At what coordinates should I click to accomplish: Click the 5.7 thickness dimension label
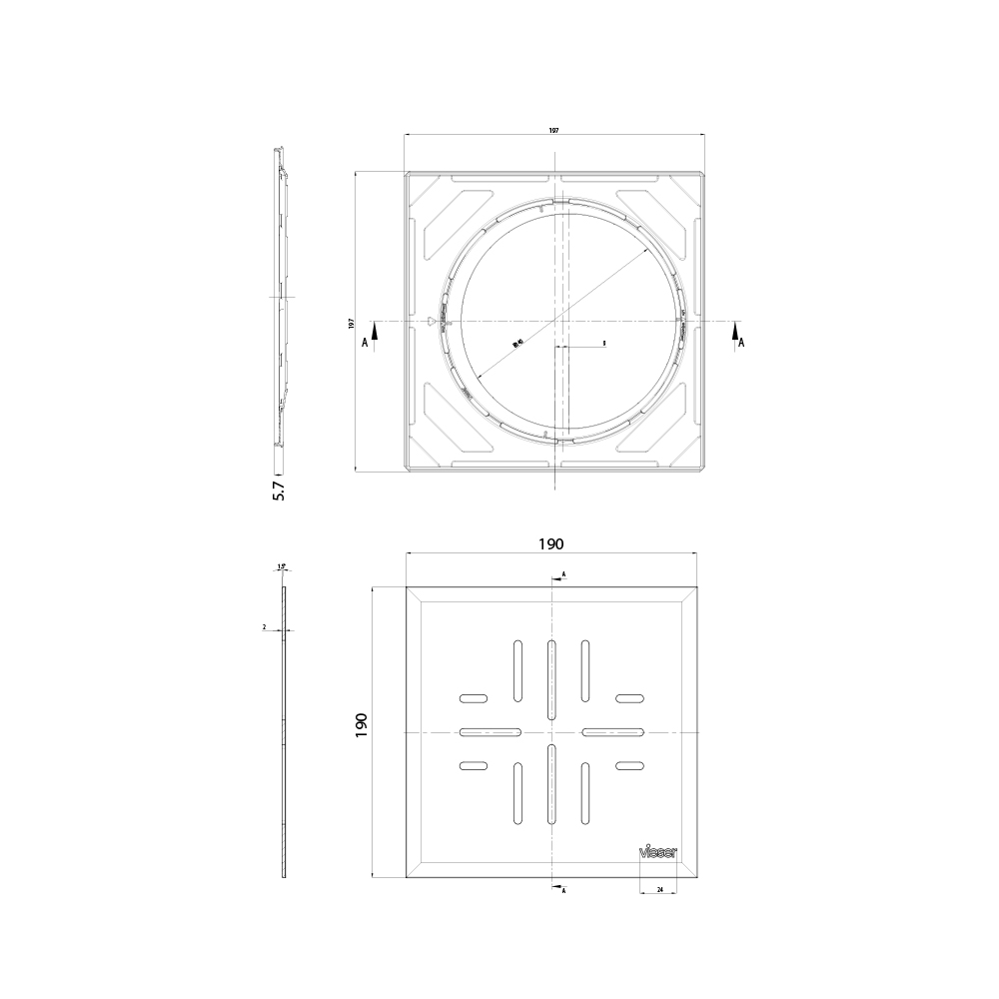pos(279,490)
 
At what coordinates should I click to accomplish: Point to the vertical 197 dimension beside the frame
pos(351,323)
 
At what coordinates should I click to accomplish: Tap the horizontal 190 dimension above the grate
pos(551,544)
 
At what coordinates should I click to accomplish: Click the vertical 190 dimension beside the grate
pos(362,725)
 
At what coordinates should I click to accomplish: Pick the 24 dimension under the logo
pos(659,889)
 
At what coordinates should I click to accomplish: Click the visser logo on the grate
pos(658,852)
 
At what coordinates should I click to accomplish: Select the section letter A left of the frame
pos(365,342)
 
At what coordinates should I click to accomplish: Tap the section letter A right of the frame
pos(740,342)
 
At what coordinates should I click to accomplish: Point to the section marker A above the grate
pos(563,575)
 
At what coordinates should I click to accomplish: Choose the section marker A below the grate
pos(564,889)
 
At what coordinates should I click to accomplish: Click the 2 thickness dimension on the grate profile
pos(264,627)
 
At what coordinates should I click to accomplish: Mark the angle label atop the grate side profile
pos(282,566)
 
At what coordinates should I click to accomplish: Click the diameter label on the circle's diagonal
pos(517,343)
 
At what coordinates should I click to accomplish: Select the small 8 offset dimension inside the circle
pos(604,343)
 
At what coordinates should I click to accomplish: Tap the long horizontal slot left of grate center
pos(490,732)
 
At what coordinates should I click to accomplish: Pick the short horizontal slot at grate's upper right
pos(628,697)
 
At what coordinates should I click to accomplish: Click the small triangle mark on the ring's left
pos(432,322)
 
